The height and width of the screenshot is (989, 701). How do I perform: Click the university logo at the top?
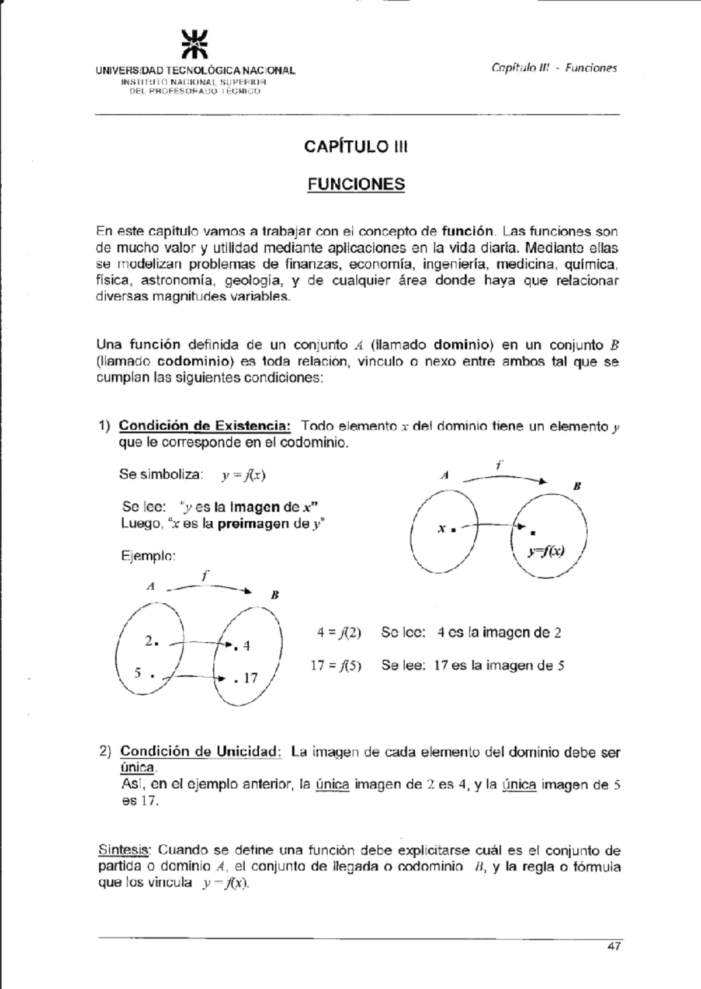[195, 44]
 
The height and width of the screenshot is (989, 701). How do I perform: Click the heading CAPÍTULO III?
[355, 147]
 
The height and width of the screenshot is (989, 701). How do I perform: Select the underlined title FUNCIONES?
[356, 184]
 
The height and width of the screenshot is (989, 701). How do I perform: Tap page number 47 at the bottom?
[613, 946]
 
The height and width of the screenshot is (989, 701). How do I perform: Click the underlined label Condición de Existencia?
[204, 426]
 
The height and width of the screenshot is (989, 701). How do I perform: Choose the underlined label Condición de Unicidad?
[200, 751]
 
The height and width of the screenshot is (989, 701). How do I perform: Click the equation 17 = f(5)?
[336, 666]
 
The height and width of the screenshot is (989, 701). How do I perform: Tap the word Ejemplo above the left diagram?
[148, 556]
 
